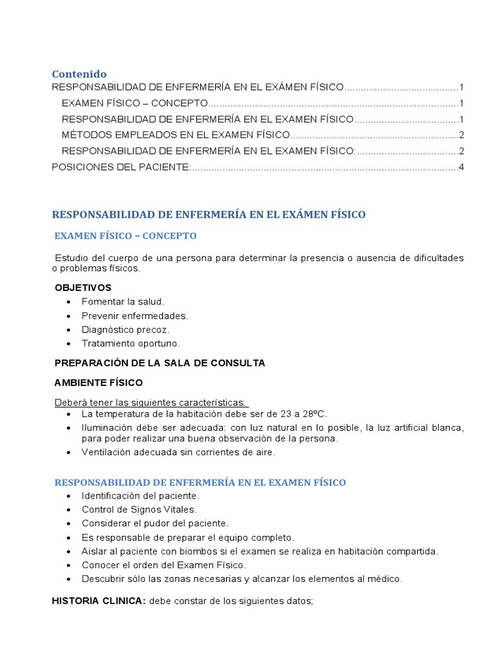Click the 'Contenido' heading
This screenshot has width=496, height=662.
pyautogui.click(x=79, y=74)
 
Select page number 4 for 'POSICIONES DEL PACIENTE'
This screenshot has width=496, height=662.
pyautogui.click(x=461, y=167)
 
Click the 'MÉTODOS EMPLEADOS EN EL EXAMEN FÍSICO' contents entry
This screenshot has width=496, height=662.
pyautogui.click(x=176, y=135)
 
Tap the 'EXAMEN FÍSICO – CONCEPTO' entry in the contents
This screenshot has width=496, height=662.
pyautogui.click(x=134, y=103)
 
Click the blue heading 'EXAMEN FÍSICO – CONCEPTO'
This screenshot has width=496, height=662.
pyautogui.click(x=125, y=235)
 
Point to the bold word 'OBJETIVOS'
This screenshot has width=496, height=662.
pyautogui.click(x=83, y=288)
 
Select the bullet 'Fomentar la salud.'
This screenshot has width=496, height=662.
pyautogui.click(x=123, y=302)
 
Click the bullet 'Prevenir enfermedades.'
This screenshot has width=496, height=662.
pyautogui.click(x=134, y=316)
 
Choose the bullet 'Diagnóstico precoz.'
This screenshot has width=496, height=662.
pyautogui.click(x=125, y=330)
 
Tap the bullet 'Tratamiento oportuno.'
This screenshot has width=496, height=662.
pyautogui.click(x=130, y=344)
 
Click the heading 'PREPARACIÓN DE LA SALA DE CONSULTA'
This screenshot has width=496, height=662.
pyautogui.click(x=160, y=363)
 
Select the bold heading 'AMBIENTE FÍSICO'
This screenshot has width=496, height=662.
pyautogui.click(x=98, y=383)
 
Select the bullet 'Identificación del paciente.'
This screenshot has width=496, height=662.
pyautogui.click(x=140, y=496)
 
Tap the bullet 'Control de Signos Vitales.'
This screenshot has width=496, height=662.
pyautogui.click(x=138, y=509)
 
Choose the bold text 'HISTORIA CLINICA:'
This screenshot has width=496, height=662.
pyautogui.click(x=99, y=601)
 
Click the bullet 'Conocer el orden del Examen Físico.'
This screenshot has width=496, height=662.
pyautogui.click(x=163, y=565)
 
